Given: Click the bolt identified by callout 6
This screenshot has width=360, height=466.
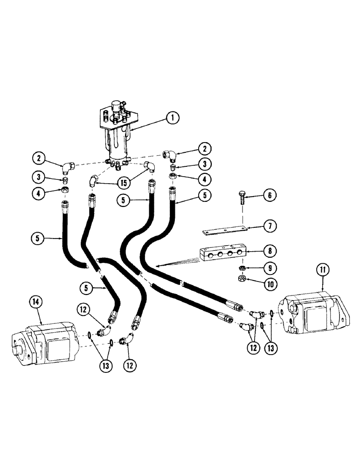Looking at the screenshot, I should click(x=242, y=196).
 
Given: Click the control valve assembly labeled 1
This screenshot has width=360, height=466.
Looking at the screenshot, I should click(x=117, y=135).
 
